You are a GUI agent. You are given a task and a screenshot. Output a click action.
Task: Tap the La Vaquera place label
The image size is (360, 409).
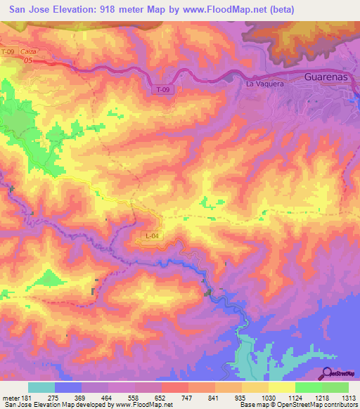(264, 84)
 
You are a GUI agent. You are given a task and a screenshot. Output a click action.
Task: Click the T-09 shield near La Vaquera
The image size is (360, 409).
(162, 90)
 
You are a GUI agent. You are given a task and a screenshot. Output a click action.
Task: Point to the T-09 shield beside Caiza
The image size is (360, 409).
(8, 52)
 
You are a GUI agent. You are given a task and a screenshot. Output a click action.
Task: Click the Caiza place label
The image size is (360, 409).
(29, 52)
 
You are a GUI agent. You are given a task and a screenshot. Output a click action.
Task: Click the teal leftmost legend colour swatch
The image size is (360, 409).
(41, 387)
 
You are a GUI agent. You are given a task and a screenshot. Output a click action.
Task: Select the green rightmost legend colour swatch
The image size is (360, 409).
(335, 387)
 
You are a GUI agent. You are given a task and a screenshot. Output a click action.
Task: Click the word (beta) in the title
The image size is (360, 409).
(280, 9)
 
